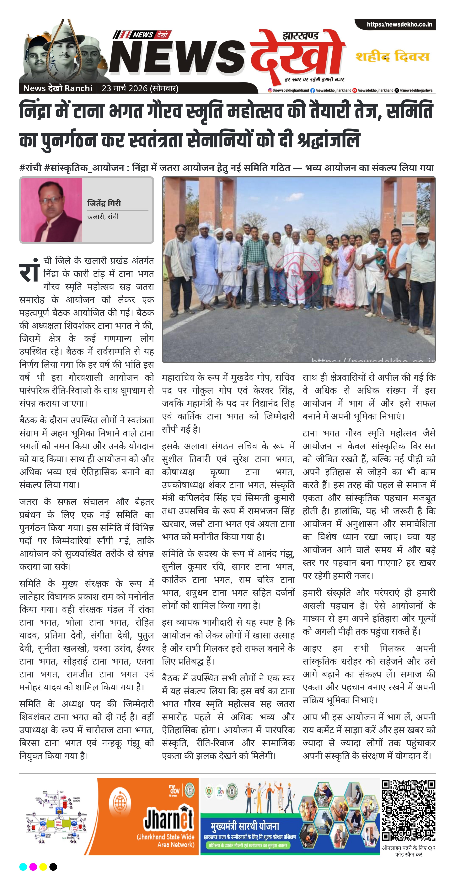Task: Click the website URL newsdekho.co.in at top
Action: tap(399, 24)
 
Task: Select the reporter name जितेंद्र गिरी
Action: tap(104, 203)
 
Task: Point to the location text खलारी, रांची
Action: tap(103, 217)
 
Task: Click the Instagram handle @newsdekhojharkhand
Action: tap(289, 90)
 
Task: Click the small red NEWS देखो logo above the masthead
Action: tap(142, 35)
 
